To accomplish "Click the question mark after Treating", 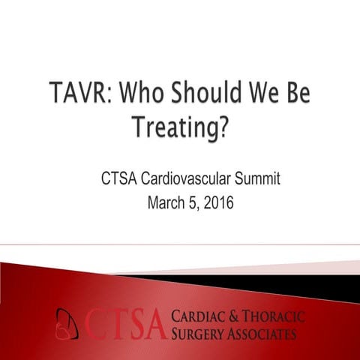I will pyautogui.click(x=223, y=128).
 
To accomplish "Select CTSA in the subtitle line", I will pyautogui.click(x=121, y=180).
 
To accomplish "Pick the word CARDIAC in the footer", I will pyautogui.click(x=202, y=316).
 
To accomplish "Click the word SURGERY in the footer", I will pyautogui.click(x=200, y=333).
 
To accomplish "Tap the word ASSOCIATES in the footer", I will pyautogui.click(x=265, y=333).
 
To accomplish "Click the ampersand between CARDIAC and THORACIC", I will pyautogui.click(x=239, y=316).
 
